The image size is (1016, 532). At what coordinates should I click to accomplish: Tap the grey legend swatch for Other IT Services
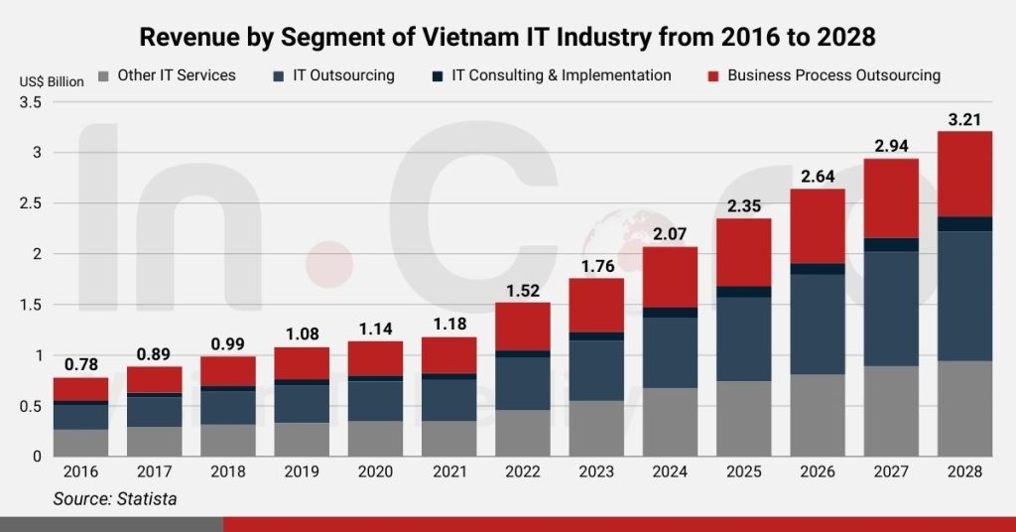point(103,75)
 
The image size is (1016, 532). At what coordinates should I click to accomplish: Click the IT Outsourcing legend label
point(343,75)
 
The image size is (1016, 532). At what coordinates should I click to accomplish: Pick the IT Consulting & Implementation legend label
point(561,75)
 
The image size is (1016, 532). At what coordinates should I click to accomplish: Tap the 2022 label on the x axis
point(523,472)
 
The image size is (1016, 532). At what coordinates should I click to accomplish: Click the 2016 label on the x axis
point(80,472)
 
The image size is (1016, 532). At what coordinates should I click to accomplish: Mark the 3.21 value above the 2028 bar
point(964,119)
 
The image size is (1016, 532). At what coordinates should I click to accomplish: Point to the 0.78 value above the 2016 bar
point(80,365)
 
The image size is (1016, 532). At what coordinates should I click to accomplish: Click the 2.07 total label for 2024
point(670,234)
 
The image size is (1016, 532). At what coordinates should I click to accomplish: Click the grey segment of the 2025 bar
point(743,418)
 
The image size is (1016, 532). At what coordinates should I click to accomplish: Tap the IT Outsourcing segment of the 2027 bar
point(891,309)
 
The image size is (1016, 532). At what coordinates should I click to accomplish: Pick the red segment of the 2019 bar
point(302,362)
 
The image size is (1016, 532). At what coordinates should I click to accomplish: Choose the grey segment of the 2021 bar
point(448,438)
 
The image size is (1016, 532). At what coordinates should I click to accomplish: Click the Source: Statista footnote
point(115,499)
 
